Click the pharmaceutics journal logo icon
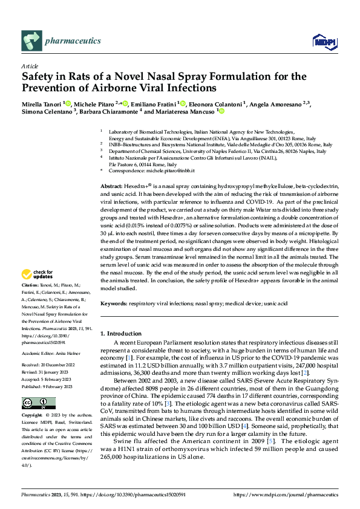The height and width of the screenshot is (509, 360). click(x=31, y=41)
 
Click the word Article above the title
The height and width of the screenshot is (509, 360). click(x=30, y=66)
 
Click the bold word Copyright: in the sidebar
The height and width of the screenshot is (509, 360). click(x=32, y=415)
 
